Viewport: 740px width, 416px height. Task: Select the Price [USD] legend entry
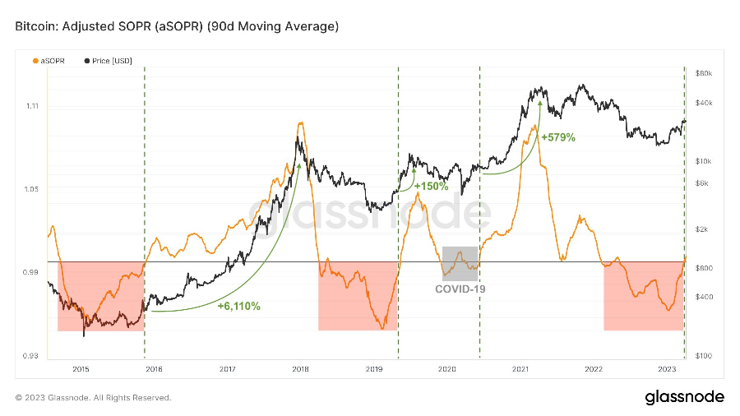click(110, 60)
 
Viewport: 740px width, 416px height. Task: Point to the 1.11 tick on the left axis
click(31, 106)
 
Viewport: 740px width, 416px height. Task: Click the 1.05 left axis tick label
click(31, 189)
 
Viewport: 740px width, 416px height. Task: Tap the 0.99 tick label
click(31, 272)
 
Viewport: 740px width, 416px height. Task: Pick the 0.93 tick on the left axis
click(31, 356)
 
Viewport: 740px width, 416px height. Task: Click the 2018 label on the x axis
click(301, 369)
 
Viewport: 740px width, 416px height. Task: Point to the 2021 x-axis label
click(520, 369)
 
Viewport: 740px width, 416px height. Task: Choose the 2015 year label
click(81, 369)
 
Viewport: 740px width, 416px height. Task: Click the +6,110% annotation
click(238, 306)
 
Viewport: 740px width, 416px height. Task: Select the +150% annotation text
click(431, 187)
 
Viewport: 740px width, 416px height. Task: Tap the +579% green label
click(558, 137)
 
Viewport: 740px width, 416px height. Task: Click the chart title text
click(177, 27)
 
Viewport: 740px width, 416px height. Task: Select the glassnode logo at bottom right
click(683, 397)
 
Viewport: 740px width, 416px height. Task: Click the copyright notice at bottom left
click(93, 398)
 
